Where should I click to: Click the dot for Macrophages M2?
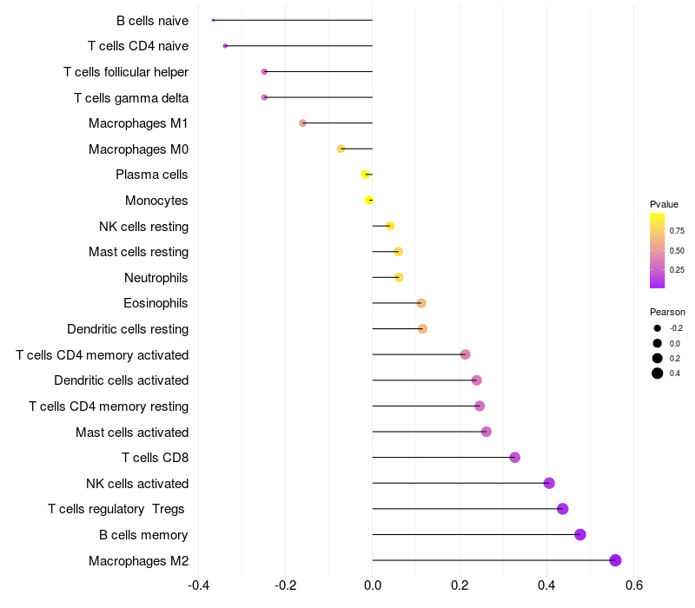[615, 560]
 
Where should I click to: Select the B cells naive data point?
[213, 20]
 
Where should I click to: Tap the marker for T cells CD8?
[514, 457]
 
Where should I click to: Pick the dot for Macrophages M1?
[302, 123]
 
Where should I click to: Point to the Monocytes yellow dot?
[369, 201]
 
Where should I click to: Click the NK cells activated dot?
[549, 483]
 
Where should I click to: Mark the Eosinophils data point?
[421, 303]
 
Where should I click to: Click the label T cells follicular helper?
[126, 71]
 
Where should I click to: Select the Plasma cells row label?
[152, 175]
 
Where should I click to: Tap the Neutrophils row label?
[156, 278]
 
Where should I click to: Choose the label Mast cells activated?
[132, 432]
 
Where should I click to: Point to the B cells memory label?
[143, 535]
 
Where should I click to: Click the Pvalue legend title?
[664, 204]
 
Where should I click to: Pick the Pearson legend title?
[667, 312]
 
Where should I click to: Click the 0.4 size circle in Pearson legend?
[658, 373]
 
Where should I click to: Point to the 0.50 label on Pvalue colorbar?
[677, 251]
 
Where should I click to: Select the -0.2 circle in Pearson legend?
[658, 328]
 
